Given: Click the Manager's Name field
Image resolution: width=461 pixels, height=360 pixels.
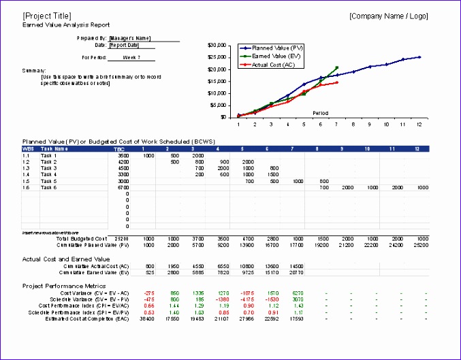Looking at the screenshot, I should tap(129, 39).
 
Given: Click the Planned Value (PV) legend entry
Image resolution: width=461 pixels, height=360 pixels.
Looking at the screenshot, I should tap(278, 48).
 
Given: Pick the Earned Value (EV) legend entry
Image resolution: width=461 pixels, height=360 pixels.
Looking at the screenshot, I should tap(277, 56).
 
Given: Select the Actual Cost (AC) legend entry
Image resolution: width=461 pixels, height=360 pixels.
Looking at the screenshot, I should tap(276, 65).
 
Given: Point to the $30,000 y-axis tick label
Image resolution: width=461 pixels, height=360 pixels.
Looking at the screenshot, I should tap(217, 46).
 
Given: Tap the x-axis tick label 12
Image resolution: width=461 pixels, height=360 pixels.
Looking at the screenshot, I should tap(419, 125).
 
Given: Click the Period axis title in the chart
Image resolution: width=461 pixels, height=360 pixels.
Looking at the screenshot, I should tap(321, 113).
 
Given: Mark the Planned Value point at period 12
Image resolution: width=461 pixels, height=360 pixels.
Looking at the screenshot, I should tap(419, 57).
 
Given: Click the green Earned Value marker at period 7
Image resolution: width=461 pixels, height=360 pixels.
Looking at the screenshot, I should tap(337, 67).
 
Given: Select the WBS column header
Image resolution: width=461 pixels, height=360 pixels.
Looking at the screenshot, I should tap(29, 148).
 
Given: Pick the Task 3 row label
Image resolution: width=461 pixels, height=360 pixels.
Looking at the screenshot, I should tap(48, 167).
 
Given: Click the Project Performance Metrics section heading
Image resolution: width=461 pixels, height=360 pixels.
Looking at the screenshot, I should tap(65, 285).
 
